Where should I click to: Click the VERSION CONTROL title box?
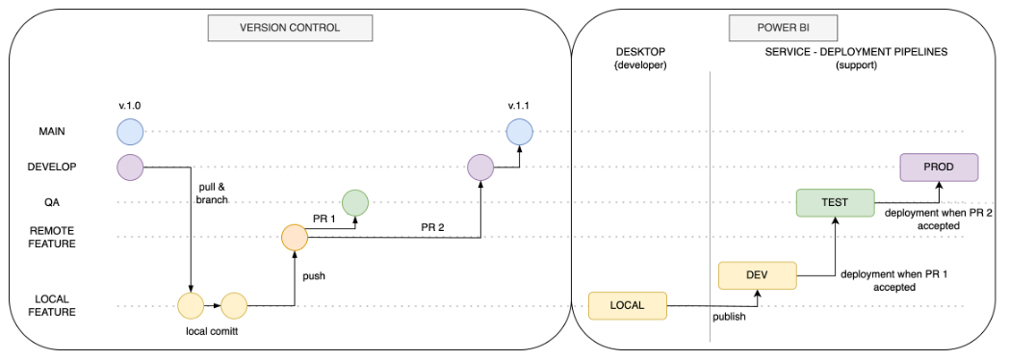(289, 28)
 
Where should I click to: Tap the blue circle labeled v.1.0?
(130, 131)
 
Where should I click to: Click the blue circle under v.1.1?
(520, 131)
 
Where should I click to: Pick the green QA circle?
(355, 202)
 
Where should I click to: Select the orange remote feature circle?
(294, 237)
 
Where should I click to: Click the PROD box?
(939, 167)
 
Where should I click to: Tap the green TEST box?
(835, 202)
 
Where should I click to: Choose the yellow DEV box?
(757, 275)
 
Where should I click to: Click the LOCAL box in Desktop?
(627, 306)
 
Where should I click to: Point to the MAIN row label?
(52, 131)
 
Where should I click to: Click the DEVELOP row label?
(52, 167)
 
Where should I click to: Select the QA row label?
(52, 202)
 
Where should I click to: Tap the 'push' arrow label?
(314, 275)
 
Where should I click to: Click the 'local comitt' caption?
(212, 331)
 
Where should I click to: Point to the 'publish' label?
(728, 316)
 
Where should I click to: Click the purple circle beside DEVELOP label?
(130, 167)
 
